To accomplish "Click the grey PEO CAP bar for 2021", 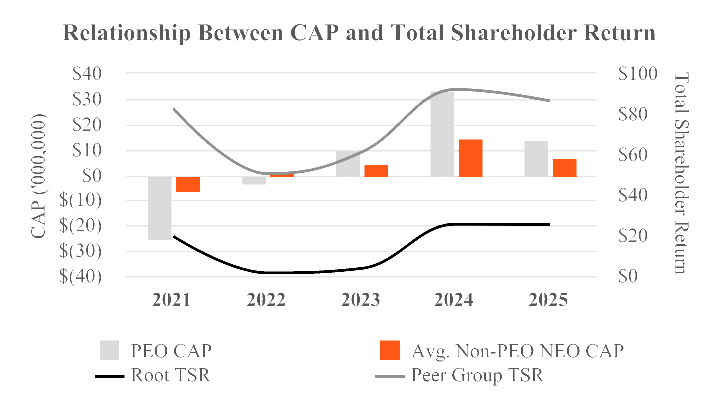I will [159, 208].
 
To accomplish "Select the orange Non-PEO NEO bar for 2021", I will [188, 184].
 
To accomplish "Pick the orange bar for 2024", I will [470, 158].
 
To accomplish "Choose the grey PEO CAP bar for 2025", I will [536, 158].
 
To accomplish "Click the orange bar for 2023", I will [376, 171].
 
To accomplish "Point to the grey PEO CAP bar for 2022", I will [254, 180].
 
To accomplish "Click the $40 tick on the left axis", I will [87, 73].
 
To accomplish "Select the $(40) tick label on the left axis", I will [80, 276].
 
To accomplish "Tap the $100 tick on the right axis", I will [638, 73].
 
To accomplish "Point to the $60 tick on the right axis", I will [633, 154].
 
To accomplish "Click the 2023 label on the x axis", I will [360, 300].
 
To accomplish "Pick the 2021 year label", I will [171, 300].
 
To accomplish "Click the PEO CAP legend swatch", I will [109, 350].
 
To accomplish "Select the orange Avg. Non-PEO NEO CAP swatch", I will [390, 350].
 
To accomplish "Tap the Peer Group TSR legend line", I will [390, 377].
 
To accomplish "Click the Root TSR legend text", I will [170, 375].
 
